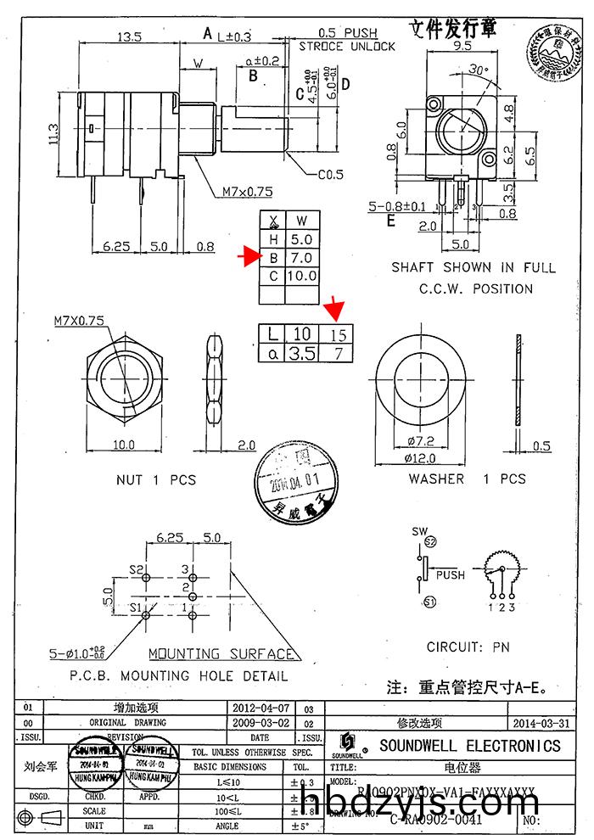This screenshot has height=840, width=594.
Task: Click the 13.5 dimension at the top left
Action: pyautogui.click(x=129, y=37)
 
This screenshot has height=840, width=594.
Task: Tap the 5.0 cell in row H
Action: pyautogui.click(x=302, y=239)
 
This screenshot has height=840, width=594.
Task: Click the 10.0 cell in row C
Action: pyautogui.click(x=302, y=276)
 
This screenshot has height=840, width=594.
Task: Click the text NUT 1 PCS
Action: pyautogui.click(x=156, y=480)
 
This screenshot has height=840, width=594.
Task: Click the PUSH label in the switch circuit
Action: pyautogui.click(x=450, y=574)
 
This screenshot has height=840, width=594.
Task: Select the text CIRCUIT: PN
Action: pyautogui.click(x=468, y=646)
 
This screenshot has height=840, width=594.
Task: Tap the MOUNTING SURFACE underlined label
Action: pyautogui.click(x=222, y=654)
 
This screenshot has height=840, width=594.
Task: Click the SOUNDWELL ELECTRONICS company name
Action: pyautogui.click(x=469, y=746)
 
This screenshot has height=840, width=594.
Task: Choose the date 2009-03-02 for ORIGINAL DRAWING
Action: pyautogui.click(x=261, y=723)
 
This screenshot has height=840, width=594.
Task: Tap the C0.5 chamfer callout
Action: pyautogui.click(x=330, y=176)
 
